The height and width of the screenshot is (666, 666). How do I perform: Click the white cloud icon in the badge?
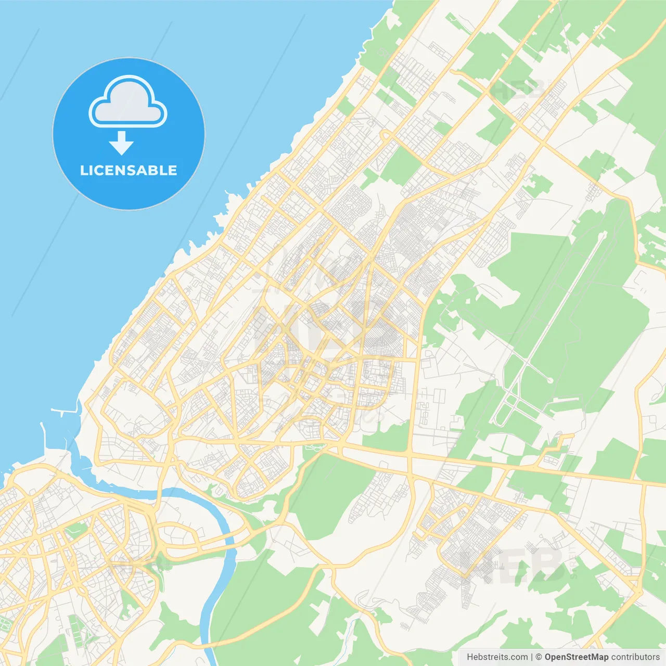(x=128, y=102)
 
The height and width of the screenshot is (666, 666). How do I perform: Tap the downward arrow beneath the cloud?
(x=121, y=143)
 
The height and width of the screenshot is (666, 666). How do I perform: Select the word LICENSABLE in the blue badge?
(x=129, y=170)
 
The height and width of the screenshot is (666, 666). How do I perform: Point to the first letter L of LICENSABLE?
(x=83, y=170)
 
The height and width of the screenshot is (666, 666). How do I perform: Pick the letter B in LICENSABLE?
(x=154, y=170)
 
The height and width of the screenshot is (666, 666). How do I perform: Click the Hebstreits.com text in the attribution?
(x=497, y=657)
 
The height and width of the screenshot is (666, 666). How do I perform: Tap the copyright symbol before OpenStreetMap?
(x=539, y=657)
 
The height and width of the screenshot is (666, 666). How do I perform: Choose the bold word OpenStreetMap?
(x=576, y=657)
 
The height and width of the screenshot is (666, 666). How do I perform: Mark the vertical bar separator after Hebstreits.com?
(x=532, y=657)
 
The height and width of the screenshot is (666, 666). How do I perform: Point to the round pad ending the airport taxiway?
(x=550, y=380)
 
